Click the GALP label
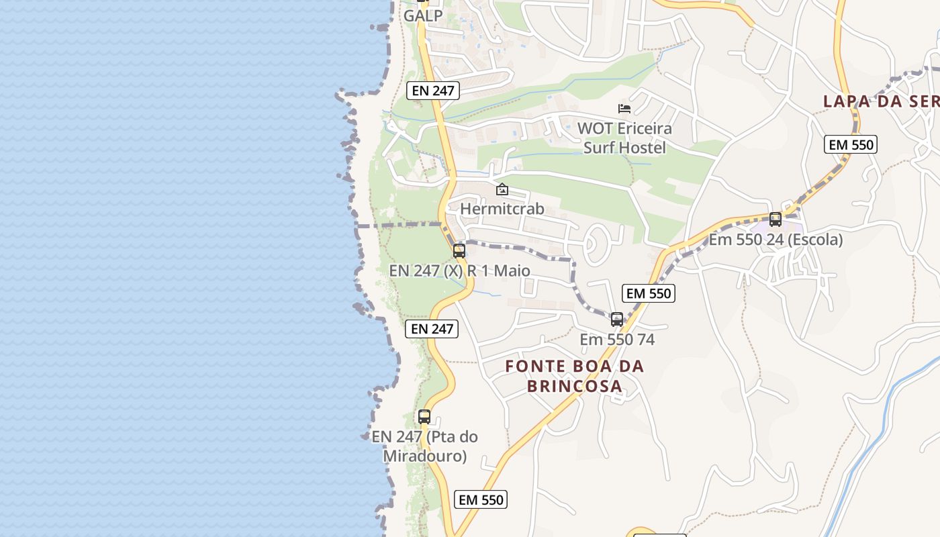(423, 15)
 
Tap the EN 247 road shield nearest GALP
(433, 91)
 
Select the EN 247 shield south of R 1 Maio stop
(432, 329)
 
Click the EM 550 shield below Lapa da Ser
(851, 144)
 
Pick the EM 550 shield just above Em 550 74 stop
(648, 293)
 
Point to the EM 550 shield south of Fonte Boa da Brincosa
(480, 500)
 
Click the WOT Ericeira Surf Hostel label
(624, 138)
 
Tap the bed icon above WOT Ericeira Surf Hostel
(624, 108)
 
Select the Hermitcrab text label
(502, 209)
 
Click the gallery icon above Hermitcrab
(502, 189)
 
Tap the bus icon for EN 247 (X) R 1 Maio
(459, 251)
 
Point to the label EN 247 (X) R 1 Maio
(460, 271)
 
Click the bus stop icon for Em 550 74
(617, 320)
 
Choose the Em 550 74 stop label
(617, 340)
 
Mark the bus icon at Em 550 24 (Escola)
(775, 219)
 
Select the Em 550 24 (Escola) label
(775, 240)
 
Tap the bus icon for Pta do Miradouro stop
(424, 416)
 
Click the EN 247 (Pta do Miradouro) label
(425, 446)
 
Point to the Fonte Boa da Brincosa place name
(575, 376)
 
